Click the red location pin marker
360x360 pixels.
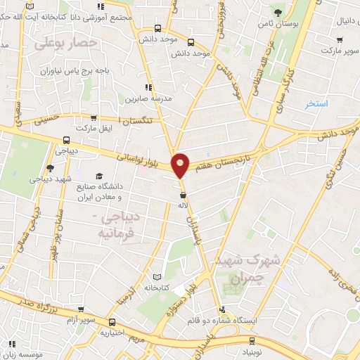[181, 165]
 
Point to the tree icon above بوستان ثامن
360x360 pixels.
[279, 12]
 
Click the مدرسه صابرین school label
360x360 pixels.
[148, 98]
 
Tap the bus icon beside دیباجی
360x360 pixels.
[65, 139]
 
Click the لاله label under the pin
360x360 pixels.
[183, 205]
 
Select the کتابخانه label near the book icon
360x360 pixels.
[158, 287]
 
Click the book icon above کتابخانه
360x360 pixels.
[166, 276]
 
